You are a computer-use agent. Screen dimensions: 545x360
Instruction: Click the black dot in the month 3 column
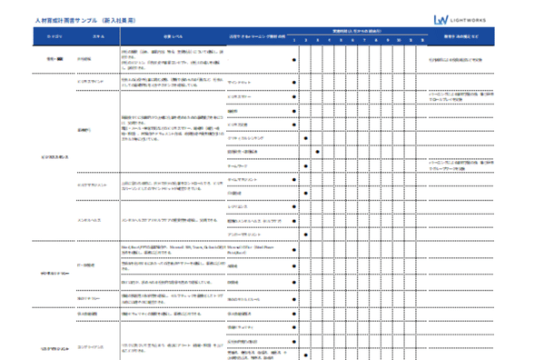point(317,151)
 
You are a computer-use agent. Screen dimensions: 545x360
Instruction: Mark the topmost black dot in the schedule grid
point(294,60)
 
